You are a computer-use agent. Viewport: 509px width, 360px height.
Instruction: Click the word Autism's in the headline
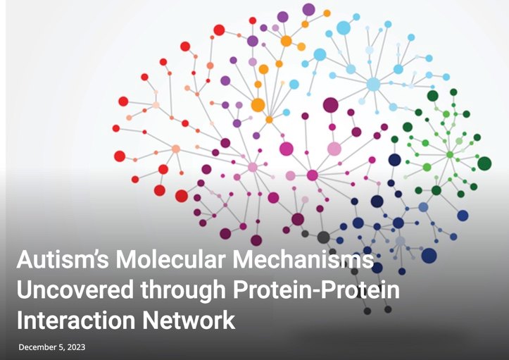63,259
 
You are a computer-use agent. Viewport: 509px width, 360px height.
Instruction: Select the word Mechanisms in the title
303,259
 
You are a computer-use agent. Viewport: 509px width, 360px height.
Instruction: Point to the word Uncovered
75,289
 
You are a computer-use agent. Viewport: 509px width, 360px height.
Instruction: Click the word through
183,290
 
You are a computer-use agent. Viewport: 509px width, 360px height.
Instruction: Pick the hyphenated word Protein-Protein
317,289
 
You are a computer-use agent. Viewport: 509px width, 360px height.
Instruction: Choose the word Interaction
75,320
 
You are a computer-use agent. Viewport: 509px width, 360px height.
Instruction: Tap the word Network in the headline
189,320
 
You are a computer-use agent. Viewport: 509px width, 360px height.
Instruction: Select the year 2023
77,347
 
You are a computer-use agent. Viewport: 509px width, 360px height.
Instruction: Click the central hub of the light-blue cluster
373,84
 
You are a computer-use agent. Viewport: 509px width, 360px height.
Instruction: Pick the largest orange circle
258,105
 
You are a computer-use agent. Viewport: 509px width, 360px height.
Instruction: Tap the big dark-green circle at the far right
484,163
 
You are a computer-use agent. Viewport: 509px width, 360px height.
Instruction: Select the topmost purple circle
308,9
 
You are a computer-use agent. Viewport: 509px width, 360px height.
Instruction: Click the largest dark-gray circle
323,237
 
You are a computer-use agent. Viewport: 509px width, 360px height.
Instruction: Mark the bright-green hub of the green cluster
450,155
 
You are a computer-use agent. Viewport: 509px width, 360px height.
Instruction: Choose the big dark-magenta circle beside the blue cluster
330,105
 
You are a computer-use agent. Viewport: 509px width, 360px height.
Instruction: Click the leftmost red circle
116,128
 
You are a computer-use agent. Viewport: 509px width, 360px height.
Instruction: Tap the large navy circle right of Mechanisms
429,255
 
